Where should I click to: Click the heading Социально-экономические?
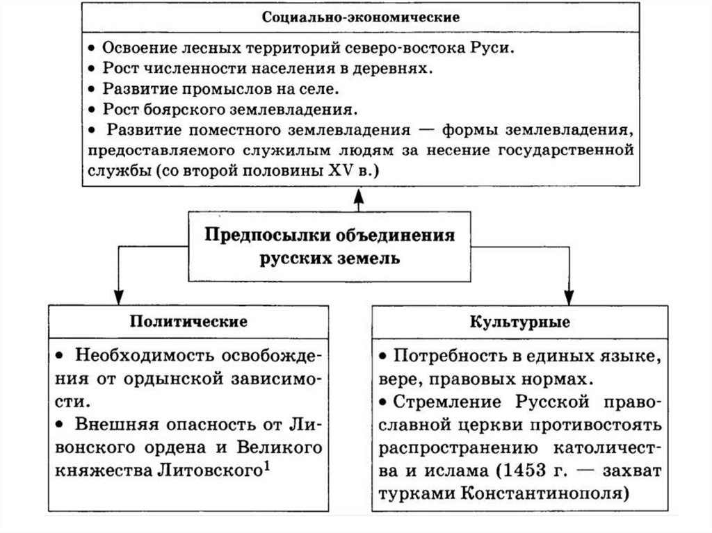tap(360, 16)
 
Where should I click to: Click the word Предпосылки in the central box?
tap(267, 235)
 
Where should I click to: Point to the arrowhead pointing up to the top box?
tap(359, 197)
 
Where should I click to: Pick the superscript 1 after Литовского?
tap(266, 467)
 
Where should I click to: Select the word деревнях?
tap(396, 69)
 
